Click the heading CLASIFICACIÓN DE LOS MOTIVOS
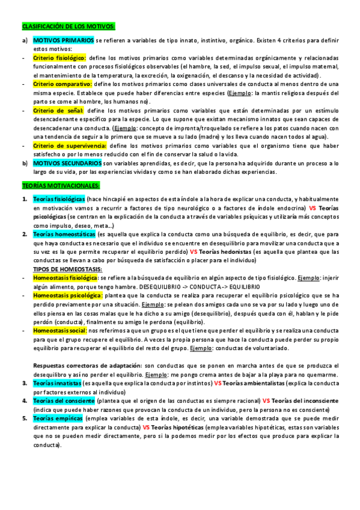[68, 27]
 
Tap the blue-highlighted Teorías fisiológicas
[59, 199]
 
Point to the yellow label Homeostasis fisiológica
[66, 278]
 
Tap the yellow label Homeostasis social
[59, 331]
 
